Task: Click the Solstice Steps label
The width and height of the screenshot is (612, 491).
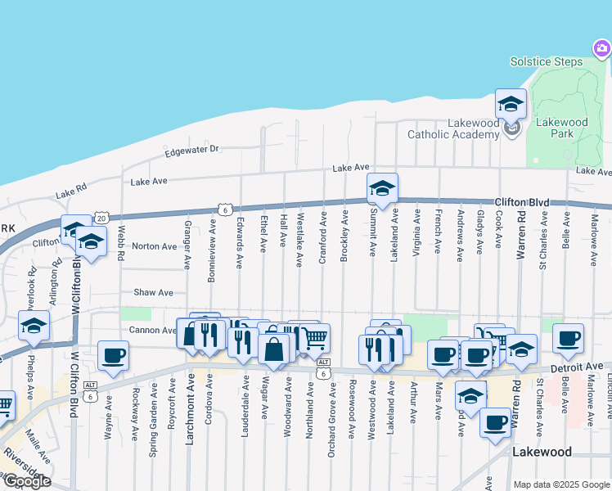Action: click(546, 62)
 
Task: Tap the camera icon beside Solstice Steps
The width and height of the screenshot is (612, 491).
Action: click(601, 50)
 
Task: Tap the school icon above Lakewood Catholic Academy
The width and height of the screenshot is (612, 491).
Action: click(511, 104)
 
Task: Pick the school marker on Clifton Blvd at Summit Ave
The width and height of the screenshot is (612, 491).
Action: click(382, 189)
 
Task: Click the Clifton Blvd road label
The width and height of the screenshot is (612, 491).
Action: click(520, 201)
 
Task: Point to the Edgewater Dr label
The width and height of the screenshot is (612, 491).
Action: click(192, 150)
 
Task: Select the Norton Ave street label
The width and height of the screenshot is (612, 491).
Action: click(154, 246)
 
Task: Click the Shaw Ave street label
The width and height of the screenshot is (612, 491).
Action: click(154, 292)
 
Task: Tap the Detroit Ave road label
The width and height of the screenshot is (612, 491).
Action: click(582, 368)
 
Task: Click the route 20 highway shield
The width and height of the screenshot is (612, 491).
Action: click(101, 218)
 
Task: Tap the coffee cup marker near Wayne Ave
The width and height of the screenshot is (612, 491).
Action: click(113, 356)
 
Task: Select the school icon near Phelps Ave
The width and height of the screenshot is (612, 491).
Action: click(34, 326)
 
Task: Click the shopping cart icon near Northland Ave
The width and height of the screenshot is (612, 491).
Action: click(315, 337)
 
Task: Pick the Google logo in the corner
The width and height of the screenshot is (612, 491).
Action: click(26, 481)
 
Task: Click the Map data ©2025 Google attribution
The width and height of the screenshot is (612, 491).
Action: click(561, 484)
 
